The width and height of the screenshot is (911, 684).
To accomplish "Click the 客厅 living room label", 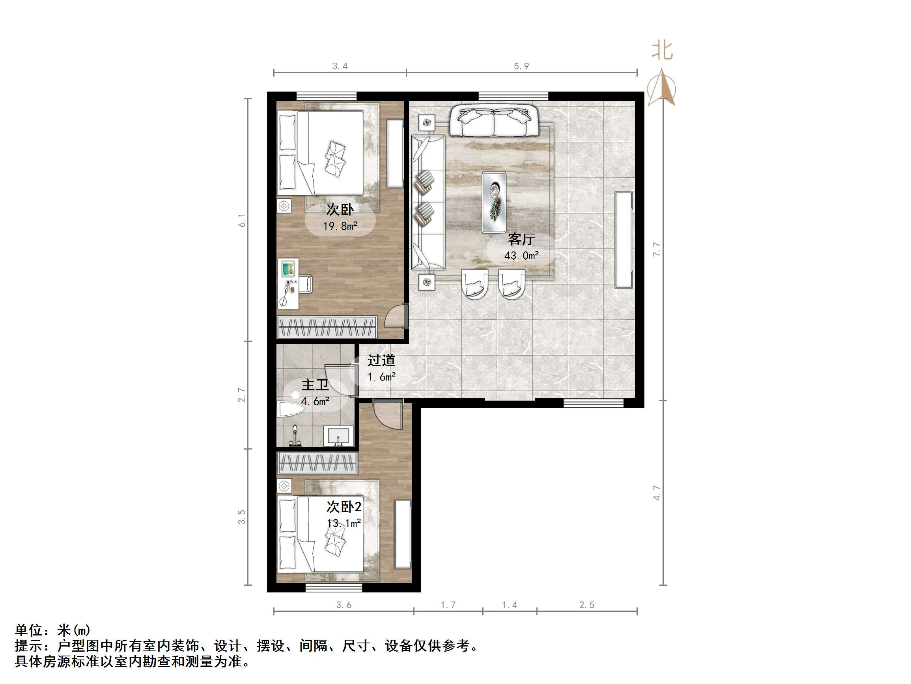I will tap(521, 239).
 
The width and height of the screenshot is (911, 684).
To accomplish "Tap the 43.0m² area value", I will tap(521, 256).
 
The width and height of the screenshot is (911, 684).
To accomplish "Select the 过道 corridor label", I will tap(381, 360).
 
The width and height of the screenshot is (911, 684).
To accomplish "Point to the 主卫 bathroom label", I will tap(315, 385).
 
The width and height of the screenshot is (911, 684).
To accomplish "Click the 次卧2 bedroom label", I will tap(344, 506).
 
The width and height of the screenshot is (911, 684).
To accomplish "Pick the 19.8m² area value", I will tap(340, 226).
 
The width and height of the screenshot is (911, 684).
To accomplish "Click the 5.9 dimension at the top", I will tap(521, 66).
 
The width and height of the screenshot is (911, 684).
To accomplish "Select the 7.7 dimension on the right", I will tap(657, 249).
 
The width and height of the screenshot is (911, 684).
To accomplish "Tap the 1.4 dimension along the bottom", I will tap(510, 605).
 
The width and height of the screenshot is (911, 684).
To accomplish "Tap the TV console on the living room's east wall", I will tap(624, 240).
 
